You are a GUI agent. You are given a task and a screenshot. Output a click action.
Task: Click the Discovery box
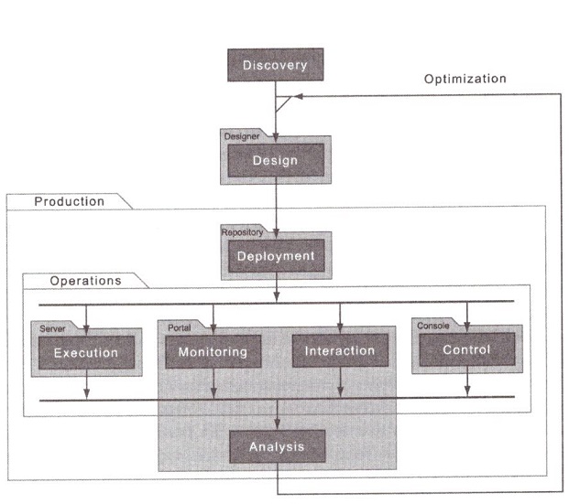point(275,66)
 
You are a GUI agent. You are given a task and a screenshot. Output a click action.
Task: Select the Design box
point(275,162)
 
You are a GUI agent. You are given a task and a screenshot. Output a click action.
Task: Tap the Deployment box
point(275,256)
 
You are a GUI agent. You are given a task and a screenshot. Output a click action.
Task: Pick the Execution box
point(85,351)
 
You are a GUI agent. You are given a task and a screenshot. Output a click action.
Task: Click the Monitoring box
point(213,351)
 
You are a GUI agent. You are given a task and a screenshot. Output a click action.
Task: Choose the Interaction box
point(339,351)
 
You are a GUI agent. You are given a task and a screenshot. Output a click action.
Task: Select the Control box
point(466,349)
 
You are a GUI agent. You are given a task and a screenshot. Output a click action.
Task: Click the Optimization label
point(465,80)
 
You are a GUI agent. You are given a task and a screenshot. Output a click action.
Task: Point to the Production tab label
point(69,201)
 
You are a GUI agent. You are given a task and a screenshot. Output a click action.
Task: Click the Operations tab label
point(85,281)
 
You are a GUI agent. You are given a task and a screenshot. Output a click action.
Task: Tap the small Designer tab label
point(240,135)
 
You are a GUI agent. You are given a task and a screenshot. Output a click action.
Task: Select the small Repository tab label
point(242,232)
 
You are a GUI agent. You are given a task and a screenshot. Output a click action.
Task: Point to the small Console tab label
point(433,326)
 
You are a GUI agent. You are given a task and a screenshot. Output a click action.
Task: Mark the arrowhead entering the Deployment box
point(276,233)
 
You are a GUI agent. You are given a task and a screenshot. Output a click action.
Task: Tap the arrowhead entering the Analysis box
point(276,425)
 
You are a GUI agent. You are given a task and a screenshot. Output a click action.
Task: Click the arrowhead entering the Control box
point(466,327)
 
